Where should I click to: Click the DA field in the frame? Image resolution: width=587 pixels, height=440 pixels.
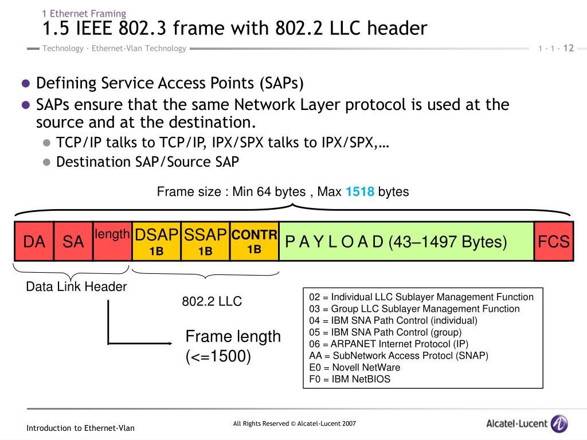tap(34, 241)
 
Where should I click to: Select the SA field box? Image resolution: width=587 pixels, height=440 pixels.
tap(73, 241)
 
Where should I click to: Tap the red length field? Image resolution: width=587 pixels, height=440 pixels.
tap(112, 241)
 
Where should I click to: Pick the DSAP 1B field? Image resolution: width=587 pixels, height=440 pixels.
tap(156, 241)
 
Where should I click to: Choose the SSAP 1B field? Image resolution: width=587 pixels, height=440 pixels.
tap(205, 241)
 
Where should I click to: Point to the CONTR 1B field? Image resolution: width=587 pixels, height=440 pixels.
tap(255, 241)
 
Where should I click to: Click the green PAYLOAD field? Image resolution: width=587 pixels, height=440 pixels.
tap(406, 241)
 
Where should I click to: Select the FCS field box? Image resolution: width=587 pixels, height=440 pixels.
tap(553, 241)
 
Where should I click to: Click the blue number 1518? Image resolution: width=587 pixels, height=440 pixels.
tap(360, 192)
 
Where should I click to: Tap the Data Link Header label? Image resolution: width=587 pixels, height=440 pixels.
tap(76, 287)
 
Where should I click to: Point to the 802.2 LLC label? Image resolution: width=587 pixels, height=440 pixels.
tap(212, 301)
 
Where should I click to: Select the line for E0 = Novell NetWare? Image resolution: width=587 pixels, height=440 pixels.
tap(354, 367)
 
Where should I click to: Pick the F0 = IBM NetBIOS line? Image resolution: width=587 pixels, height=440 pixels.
tap(350, 379)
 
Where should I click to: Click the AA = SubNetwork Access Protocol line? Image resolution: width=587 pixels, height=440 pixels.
tap(398, 355)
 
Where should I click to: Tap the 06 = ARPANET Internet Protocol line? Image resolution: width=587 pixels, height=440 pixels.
tap(389, 344)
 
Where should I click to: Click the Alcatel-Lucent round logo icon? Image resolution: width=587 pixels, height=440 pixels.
tap(559, 424)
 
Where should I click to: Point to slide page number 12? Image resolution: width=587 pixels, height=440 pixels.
tap(569, 48)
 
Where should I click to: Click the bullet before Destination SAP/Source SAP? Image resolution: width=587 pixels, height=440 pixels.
tap(47, 162)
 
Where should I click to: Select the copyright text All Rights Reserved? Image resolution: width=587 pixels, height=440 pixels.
tap(295, 424)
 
